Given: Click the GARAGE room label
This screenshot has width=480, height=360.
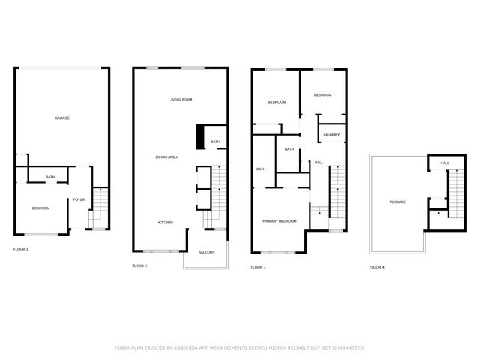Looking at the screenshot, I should pyautogui.click(x=62, y=118).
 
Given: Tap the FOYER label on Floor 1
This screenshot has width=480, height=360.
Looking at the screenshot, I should pyautogui.click(x=79, y=199).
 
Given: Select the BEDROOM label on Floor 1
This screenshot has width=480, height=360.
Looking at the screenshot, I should pyautogui.click(x=40, y=208).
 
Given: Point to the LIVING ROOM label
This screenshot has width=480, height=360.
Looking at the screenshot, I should pyautogui.click(x=181, y=99).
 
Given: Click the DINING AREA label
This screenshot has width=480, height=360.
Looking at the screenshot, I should pyautogui.click(x=166, y=157).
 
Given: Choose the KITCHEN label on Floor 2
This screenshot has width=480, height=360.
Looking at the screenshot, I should pyautogui.click(x=166, y=222).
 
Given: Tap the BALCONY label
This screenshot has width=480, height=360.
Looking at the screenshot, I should pyautogui.click(x=206, y=252).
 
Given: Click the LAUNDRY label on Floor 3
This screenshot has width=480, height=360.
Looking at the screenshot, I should pyautogui.click(x=331, y=135).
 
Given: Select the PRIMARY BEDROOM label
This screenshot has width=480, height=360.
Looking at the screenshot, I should pyautogui.click(x=279, y=221).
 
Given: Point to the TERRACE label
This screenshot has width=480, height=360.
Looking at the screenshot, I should pyautogui.click(x=397, y=202).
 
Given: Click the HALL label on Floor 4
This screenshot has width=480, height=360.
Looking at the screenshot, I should pyautogui.click(x=445, y=163).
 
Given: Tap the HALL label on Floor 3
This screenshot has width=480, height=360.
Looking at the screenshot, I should pyautogui.click(x=319, y=163).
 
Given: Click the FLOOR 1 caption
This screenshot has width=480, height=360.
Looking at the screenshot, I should pyautogui.click(x=21, y=248).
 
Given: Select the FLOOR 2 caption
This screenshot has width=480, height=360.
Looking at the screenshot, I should pyautogui.click(x=139, y=265).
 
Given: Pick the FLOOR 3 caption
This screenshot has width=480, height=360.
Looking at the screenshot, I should pyautogui.click(x=258, y=267).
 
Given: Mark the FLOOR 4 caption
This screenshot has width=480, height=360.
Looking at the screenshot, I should pyautogui.click(x=376, y=267).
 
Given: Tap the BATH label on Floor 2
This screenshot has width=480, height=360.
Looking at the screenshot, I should pyautogui.click(x=215, y=142).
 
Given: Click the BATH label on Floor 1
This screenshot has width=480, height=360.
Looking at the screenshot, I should pyautogui.click(x=50, y=177).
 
